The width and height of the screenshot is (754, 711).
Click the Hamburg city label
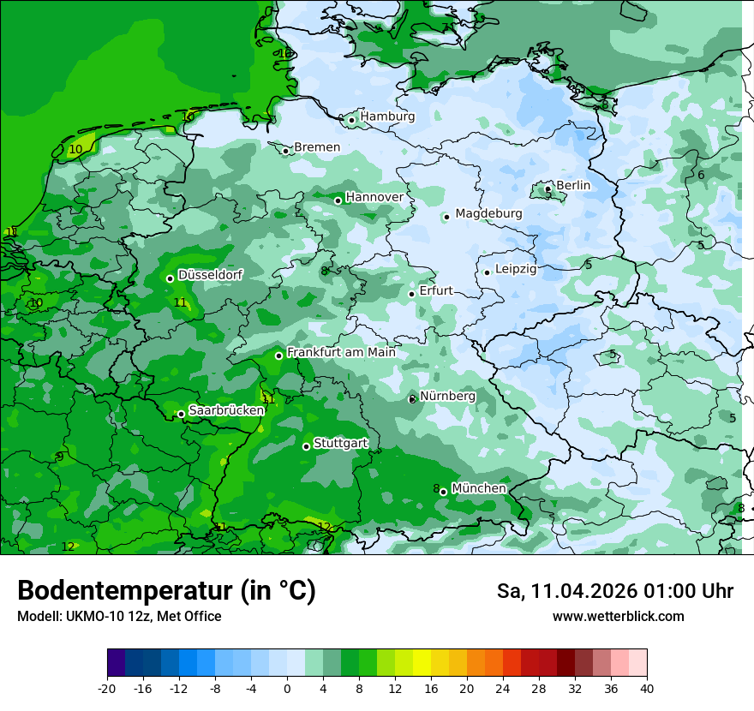pyautogui.click(x=387, y=117)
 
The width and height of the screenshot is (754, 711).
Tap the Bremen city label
pyautogui.click(x=317, y=147)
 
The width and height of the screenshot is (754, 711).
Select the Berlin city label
pyautogui.click(x=573, y=185)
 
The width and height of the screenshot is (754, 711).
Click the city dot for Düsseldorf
pyautogui.click(x=170, y=278)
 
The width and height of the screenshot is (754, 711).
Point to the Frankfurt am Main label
pyautogui.click(x=341, y=352)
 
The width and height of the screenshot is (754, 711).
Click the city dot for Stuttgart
pyautogui.click(x=306, y=446)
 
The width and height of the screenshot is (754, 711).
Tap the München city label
pyautogui.click(x=479, y=488)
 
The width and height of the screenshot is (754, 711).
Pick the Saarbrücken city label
pyautogui.click(x=226, y=410)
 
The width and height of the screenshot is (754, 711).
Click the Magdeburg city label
pyautogui.click(x=488, y=213)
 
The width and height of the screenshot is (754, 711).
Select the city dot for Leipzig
pyautogui.click(x=487, y=272)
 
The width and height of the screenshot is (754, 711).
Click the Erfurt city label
pyautogui.click(x=436, y=291)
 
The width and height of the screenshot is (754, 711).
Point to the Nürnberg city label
pyautogui.click(x=447, y=397)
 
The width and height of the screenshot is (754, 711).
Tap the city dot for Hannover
pyautogui.click(x=338, y=200)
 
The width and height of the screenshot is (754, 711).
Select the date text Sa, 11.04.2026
pyautogui.click(x=571, y=591)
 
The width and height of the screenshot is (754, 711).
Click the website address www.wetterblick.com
pyautogui.click(x=618, y=617)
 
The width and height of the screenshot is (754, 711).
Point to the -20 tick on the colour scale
pyautogui.click(x=107, y=688)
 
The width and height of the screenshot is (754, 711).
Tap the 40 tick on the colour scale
pyautogui.click(x=646, y=688)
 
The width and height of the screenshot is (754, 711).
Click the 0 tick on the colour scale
pyautogui.click(x=287, y=688)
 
